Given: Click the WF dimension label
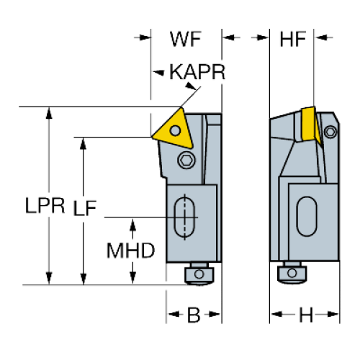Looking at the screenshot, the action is coord(186,39).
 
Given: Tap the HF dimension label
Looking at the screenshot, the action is coord(293,39).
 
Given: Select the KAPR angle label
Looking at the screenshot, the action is coord(197,72).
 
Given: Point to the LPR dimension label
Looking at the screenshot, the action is coord(45,205).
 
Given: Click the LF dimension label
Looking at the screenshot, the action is coord(84,208).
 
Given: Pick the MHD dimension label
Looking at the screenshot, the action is coord(130,251).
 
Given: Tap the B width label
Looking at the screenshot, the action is coord(194,315).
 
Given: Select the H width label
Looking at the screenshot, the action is coord(306,315).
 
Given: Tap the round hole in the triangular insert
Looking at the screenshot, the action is coord(175,130).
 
